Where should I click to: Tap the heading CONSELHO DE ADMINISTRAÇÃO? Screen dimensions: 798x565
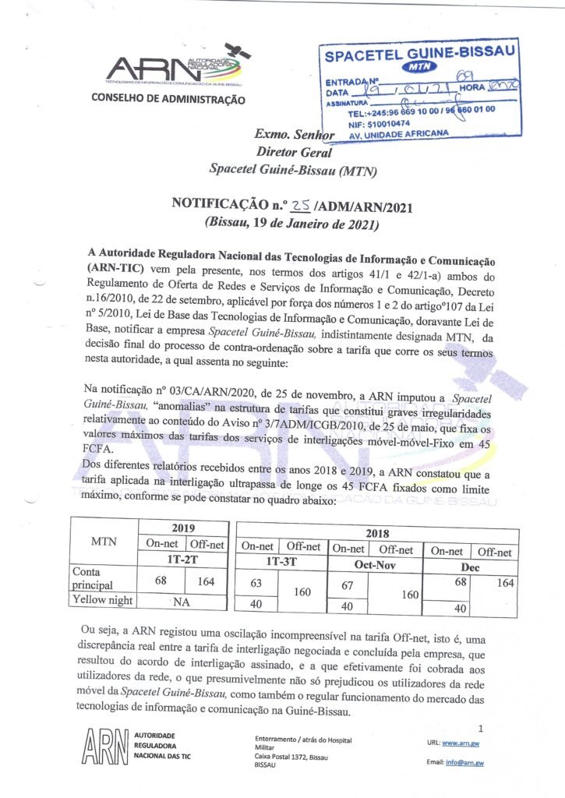168,99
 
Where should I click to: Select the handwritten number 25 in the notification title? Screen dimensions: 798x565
300,205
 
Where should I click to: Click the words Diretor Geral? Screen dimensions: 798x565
295,152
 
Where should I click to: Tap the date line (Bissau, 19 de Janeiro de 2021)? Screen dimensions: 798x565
291,223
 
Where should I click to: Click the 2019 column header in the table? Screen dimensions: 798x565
183,528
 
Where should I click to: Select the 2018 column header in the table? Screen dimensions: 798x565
377,533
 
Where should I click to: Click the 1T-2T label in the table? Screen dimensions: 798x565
184,560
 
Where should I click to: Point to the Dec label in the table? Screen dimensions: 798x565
471,567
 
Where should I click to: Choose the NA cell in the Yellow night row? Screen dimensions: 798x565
183,600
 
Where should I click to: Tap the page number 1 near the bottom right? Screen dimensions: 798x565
481,728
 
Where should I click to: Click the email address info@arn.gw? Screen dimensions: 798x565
465,762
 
